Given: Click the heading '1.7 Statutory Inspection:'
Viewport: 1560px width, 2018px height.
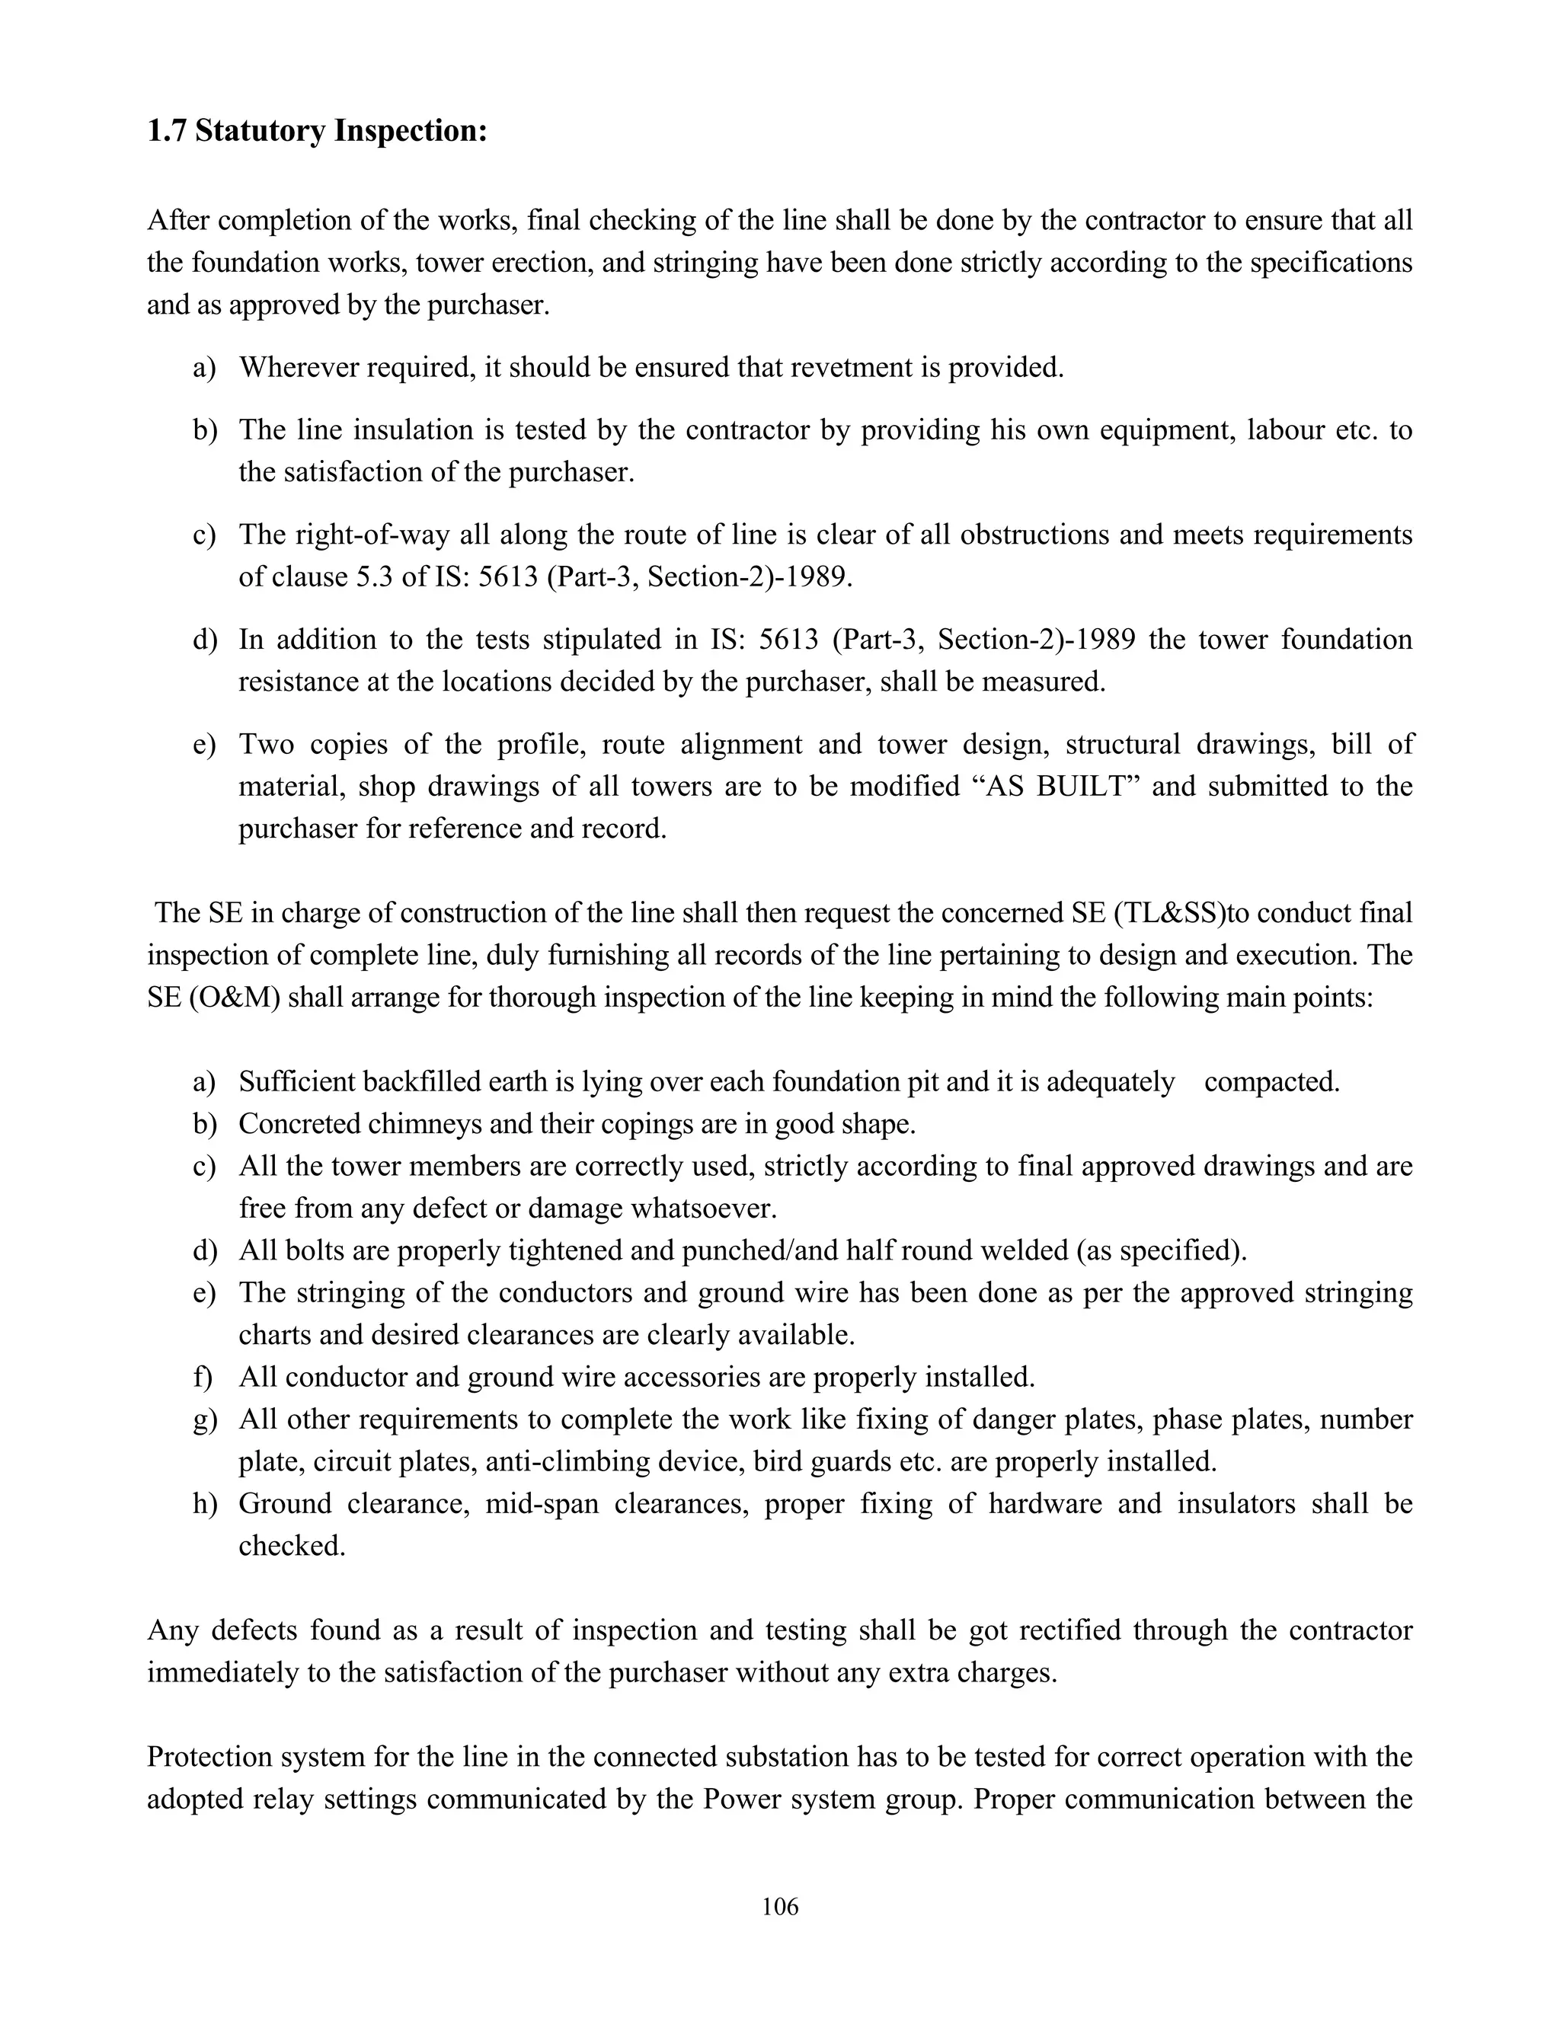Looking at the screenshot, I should (317, 131).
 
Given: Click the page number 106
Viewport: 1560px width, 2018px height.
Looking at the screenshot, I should (780, 1905).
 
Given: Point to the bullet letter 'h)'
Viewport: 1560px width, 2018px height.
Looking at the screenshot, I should (204, 1504).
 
